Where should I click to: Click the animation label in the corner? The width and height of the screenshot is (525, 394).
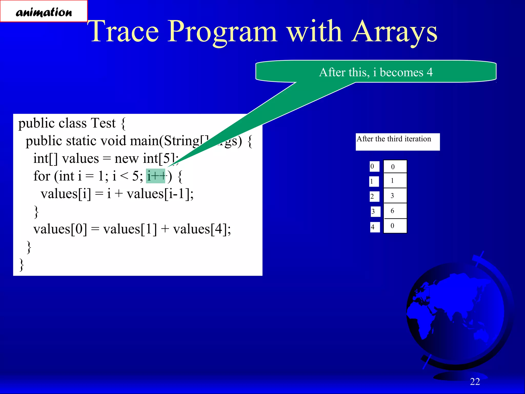click(x=44, y=12)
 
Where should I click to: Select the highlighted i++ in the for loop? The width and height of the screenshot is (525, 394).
click(x=156, y=176)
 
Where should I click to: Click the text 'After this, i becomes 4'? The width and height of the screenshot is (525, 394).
click(x=376, y=72)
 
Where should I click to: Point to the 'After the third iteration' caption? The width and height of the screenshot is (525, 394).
click(x=394, y=139)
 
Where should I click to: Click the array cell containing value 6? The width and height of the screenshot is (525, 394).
click(x=395, y=211)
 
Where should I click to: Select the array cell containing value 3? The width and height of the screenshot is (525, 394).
click(x=395, y=196)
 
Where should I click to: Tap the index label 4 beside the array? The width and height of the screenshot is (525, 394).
click(x=375, y=227)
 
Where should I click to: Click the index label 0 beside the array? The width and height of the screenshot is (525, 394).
click(x=374, y=166)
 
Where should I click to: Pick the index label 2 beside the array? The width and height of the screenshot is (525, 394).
click(x=374, y=196)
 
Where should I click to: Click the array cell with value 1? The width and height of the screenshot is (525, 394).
click(x=395, y=181)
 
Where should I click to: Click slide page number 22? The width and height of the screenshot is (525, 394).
click(x=475, y=382)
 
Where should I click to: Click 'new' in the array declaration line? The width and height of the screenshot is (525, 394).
click(x=126, y=159)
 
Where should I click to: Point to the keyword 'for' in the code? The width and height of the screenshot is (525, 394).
click(x=42, y=176)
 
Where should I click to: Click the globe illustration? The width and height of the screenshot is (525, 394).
click(x=456, y=313)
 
